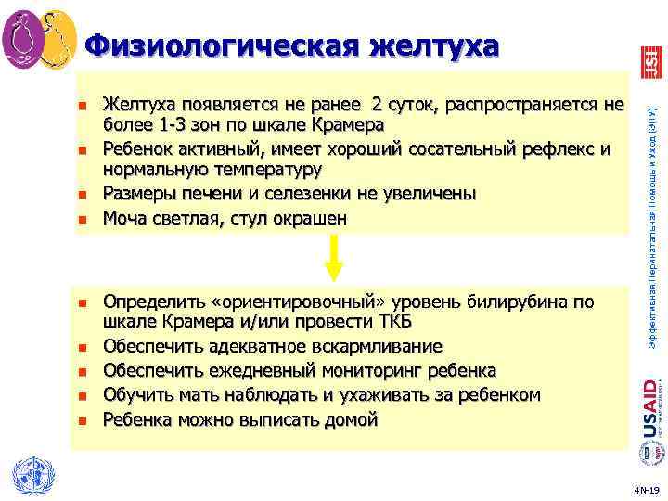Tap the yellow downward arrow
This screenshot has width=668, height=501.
334,257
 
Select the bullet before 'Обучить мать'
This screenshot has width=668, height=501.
82,396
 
